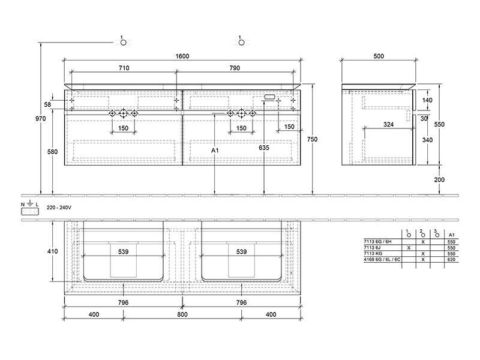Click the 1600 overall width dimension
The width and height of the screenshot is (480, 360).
click(182, 56)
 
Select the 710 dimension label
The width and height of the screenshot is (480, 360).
click(124, 68)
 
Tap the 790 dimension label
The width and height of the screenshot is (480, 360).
click(235, 68)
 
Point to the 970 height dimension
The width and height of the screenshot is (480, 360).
click(40, 118)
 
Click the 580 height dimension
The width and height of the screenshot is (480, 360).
click(52, 152)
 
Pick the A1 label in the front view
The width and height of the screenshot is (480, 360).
click(215, 151)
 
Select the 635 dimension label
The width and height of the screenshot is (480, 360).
click(264, 148)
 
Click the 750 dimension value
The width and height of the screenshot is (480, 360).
click(312, 139)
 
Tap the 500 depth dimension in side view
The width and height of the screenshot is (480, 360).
click(379, 56)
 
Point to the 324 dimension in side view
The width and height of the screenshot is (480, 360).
click(388, 125)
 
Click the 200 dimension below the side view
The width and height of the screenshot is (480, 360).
click(439, 179)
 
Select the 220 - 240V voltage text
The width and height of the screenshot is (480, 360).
click(59, 208)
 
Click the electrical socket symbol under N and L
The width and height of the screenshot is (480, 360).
click(29, 212)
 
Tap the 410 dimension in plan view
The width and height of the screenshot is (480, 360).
click(52, 251)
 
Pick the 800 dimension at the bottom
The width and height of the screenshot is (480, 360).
click(182, 314)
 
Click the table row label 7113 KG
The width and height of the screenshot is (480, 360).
click(373, 253)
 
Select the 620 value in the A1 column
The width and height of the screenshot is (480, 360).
click(451, 260)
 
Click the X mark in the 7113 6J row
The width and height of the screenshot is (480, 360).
click(409, 248)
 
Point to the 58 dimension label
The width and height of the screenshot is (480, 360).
click(47, 104)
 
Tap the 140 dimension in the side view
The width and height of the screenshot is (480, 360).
click(427, 100)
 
